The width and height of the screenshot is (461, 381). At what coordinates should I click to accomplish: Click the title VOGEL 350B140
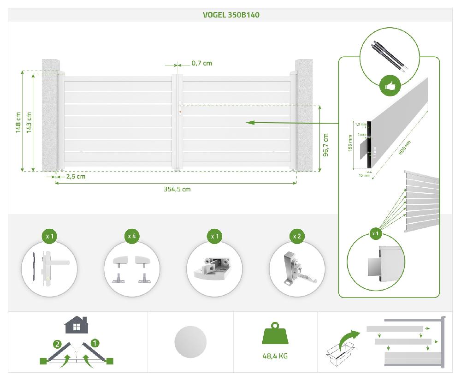pos(231,15)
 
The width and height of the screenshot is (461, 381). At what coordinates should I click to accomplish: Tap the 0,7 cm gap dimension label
pos(201,63)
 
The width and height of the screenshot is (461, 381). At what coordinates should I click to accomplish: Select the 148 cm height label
pos(18,123)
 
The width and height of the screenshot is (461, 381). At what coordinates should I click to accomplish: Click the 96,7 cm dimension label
pos(325,145)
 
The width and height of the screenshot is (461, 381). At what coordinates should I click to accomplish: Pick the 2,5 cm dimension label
pos(76,176)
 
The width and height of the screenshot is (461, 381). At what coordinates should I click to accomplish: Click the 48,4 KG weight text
pos(275,356)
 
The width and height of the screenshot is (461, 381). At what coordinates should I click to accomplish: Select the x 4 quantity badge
pos(132,236)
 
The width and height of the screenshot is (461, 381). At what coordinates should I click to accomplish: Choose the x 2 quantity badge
pos(297,236)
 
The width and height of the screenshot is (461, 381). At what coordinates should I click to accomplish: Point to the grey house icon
pos(77,325)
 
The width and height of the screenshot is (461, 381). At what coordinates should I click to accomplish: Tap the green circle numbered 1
pos(95,343)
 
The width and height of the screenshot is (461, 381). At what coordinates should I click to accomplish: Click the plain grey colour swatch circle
pos(190,342)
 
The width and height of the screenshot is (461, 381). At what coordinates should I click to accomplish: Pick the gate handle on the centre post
pos(179,107)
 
